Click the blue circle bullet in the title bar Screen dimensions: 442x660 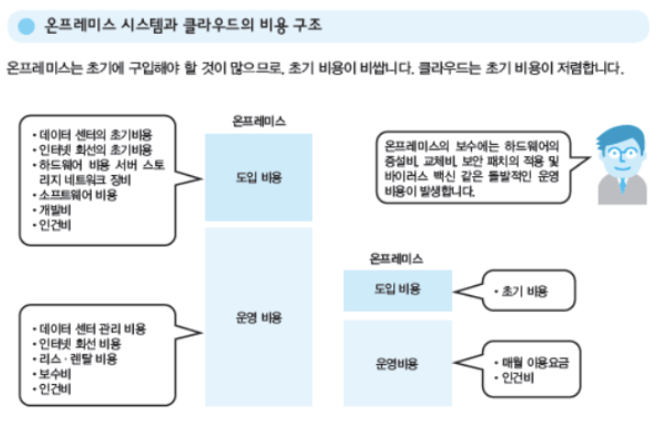pos(27,26)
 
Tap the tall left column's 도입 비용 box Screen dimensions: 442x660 pos(258,177)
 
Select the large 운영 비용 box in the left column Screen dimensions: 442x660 pos(258,318)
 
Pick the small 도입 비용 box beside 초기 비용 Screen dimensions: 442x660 pos(398,289)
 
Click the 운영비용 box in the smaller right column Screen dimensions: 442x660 pos(398,363)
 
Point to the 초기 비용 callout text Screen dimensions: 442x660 pos(525,291)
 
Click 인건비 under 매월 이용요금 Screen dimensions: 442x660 pos(519,378)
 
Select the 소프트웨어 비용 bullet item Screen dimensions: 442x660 pos(78,195)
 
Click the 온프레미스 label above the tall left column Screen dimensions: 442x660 pos(258,120)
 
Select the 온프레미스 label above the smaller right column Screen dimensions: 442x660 pos(397,259)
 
